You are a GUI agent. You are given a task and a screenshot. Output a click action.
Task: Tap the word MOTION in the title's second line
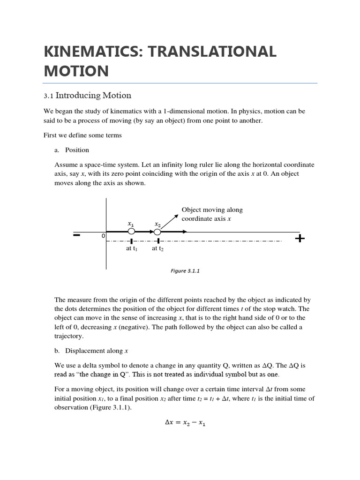tap(76, 71)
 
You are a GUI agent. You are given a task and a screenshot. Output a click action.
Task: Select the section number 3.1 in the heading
tap(48, 96)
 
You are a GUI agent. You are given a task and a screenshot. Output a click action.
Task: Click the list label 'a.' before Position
tap(57, 150)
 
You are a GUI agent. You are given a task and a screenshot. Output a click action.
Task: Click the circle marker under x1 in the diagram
tap(131, 232)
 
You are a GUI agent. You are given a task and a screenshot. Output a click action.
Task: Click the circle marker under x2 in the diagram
tap(157, 232)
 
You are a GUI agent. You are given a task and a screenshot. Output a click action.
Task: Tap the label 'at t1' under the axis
tap(131, 249)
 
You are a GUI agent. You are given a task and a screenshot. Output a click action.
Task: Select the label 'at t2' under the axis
tap(157, 249)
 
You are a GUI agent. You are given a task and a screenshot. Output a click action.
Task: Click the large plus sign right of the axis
tap(300, 239)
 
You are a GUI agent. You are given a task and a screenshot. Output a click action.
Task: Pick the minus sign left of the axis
tap(77, 235)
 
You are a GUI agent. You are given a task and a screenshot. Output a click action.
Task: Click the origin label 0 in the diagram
tap(103, 236)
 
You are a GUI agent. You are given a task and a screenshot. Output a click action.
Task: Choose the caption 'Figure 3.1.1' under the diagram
tap(185, 271)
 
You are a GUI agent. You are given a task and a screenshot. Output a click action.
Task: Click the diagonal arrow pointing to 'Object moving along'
tap(170, 221)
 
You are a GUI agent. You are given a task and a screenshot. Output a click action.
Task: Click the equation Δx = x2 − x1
tap(185, 422)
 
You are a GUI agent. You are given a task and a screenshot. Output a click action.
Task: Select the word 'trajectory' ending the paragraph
tap(68, 336)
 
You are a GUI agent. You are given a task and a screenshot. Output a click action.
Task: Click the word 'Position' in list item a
tap(77, 150)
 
